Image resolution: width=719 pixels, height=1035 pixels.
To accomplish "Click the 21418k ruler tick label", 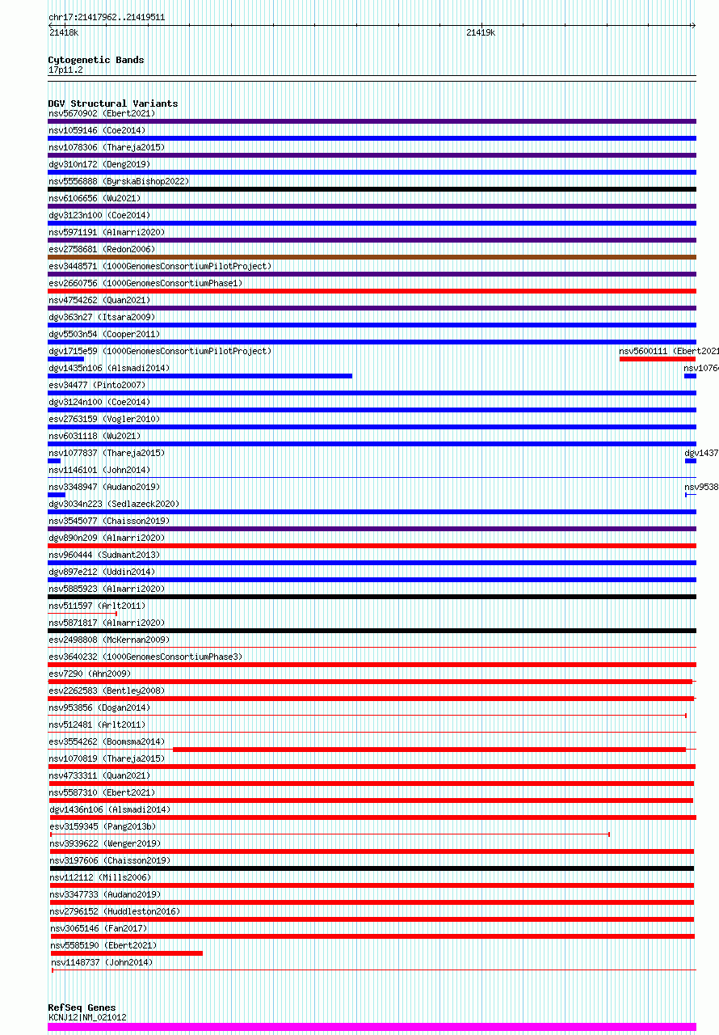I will pos(64,33).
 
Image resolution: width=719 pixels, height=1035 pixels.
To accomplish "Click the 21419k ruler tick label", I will pos(481,33).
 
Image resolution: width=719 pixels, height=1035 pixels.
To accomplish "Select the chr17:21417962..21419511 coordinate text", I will pos(107,17).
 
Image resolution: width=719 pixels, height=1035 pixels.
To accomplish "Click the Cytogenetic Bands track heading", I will pos(95,60).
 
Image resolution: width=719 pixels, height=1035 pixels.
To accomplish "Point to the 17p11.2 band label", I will pos(65,70).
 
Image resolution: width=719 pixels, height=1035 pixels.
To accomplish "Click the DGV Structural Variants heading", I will pos(112,103).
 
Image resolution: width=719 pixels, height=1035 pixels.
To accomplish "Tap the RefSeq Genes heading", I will pos(82,1008).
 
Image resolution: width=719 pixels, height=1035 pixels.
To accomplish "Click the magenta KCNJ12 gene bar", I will pos(372,1027).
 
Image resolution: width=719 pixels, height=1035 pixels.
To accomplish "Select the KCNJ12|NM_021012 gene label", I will pos(87,1017).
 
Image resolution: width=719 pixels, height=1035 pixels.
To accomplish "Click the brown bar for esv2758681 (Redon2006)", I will pos(372,257).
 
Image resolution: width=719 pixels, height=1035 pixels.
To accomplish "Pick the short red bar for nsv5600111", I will pos(656,359).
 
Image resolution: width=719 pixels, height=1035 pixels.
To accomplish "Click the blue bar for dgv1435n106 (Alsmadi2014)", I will pos(200,376).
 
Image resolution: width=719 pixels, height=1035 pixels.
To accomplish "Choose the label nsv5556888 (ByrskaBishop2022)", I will pos(119,181).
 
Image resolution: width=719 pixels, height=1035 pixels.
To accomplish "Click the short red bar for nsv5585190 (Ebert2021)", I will pos(126,953).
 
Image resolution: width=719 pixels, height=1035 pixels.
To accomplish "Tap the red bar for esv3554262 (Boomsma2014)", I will pos(428,750).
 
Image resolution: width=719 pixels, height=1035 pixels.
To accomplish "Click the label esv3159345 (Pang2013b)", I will pos(103,826).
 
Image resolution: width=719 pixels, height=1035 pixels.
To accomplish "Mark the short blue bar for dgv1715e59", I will pos(65,359).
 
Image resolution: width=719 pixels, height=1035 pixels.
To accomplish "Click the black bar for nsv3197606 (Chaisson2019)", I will pos(372,868).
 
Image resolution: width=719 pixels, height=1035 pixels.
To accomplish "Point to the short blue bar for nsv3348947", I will pos(57,495).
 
